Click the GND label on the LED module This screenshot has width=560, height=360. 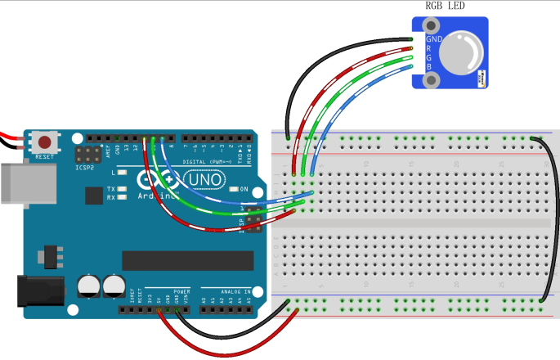pyautogui.click(x=434, y=38)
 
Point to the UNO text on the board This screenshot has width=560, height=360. pyautogui.click(x=203, y=179)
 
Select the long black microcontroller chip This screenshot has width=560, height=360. pyautogui.click(x=187, y=260)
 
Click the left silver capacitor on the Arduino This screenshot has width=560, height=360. pyautogui.click(x=88, y=286)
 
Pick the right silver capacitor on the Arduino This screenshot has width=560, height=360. pyautogui.click(x=114, y=286)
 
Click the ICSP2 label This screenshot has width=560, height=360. pyautogui.click(x=85, y=168)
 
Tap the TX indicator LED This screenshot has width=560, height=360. pyautogui.click(x=122, y=189)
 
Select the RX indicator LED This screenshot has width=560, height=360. pyautogui.click(x=122, y=196)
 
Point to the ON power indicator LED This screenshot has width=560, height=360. pyautogui.click(x=233, y=190)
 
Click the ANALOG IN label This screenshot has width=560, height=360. pyautogui.click(x=222, y=290)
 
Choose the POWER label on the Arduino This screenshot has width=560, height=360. pyautogui.click(x=181, y=290)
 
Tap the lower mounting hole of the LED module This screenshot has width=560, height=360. pyautogui.click(x=431, y=79)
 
